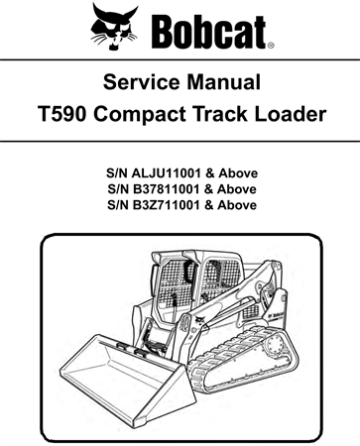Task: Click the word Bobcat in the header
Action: tap(207, 30)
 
